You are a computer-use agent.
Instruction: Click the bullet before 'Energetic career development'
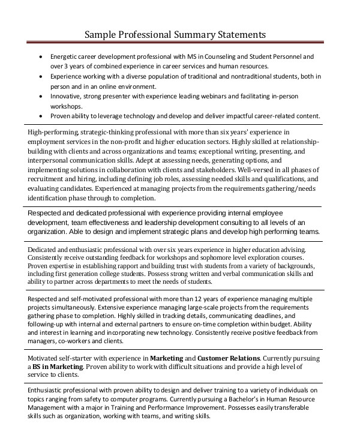click(40, 57)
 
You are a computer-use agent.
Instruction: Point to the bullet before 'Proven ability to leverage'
click(40, 116)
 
